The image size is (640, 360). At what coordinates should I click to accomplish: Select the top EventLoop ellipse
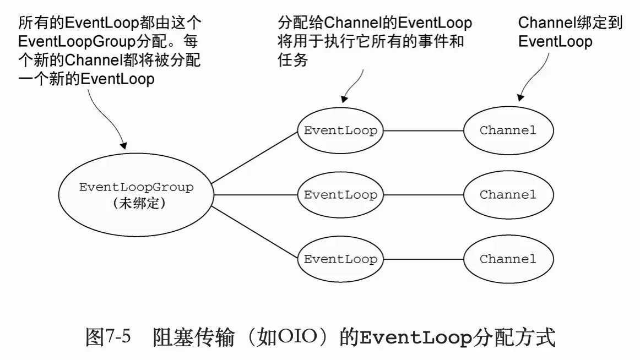point(340,131)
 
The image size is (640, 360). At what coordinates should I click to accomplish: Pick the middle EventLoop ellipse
point(340,195)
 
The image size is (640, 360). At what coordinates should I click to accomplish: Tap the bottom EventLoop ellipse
point(340,259)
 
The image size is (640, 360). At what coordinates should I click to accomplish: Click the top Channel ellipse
point(508,131)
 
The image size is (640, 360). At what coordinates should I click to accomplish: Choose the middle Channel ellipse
point(508,195)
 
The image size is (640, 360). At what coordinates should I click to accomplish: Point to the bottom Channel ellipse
point(508,259)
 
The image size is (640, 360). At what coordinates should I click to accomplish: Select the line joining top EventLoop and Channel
point(423,131)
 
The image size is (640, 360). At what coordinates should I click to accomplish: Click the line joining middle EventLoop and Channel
point(423,195)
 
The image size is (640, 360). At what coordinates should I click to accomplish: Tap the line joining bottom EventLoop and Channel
point(423,259)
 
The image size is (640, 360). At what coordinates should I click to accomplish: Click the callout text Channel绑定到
point(570,23)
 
